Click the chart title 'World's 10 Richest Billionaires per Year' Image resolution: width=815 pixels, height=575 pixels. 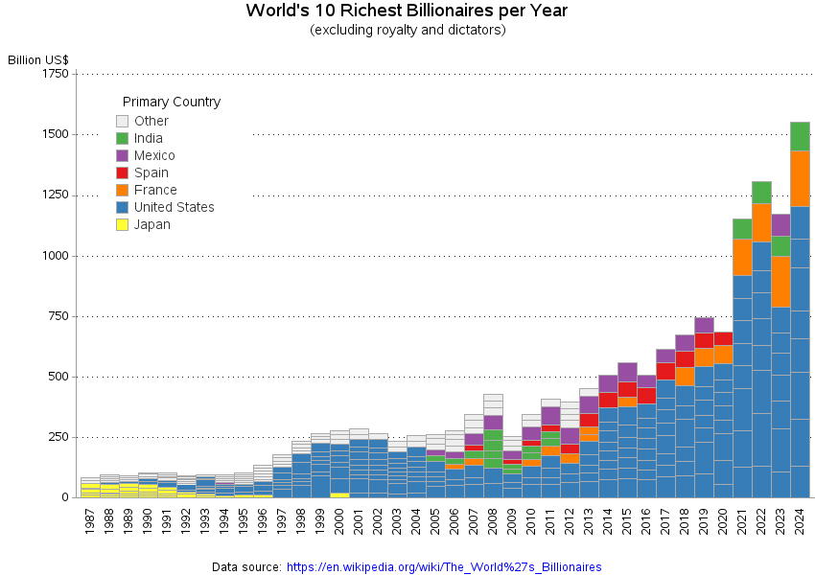pos(407,11)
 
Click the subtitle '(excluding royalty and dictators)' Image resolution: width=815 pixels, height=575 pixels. pos(407,31)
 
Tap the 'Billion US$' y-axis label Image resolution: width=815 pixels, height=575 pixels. pos(37,59)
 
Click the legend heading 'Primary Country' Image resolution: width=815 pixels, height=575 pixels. pos(172,102)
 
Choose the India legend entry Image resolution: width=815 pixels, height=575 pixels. pos(148,138)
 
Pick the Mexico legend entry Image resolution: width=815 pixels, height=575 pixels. pos(154,155)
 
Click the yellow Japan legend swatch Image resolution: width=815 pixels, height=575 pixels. pos(122,225)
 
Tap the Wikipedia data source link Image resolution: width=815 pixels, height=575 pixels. pos(444,567)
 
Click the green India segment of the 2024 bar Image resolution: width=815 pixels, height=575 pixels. pos(800,136)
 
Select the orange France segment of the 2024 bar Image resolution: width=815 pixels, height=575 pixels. pos(800,178)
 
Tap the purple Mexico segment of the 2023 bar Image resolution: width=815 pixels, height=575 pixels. pos(780,225)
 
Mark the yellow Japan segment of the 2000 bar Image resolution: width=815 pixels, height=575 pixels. pos(339,494)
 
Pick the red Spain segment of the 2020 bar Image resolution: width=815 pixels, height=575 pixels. pos(723,338)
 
